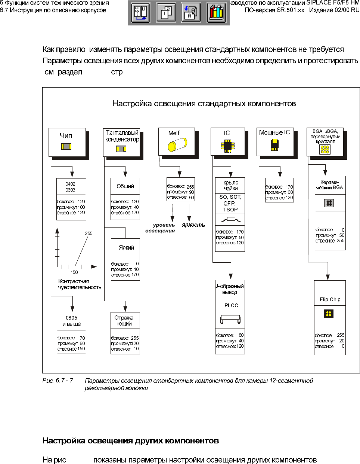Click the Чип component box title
click(66, 135)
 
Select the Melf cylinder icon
click(177, 144)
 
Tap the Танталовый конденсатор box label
click(122, 136)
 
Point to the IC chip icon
click(227, 146)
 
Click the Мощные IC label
click(274, 132)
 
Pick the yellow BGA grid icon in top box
click(325, 149)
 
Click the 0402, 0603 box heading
click(71, 187)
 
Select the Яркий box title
click(126, 247)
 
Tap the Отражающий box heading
click(125, 321)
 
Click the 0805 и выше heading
click(71, 321)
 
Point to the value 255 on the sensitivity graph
click(89, 233)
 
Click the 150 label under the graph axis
click(74, 272)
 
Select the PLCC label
click(231, 305)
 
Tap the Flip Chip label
click(330, 299)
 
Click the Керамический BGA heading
click(329, 185)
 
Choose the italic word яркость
click(193, 225)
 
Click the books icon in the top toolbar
click(216, 12)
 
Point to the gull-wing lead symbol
click(230, 219)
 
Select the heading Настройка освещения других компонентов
click(131, 440)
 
